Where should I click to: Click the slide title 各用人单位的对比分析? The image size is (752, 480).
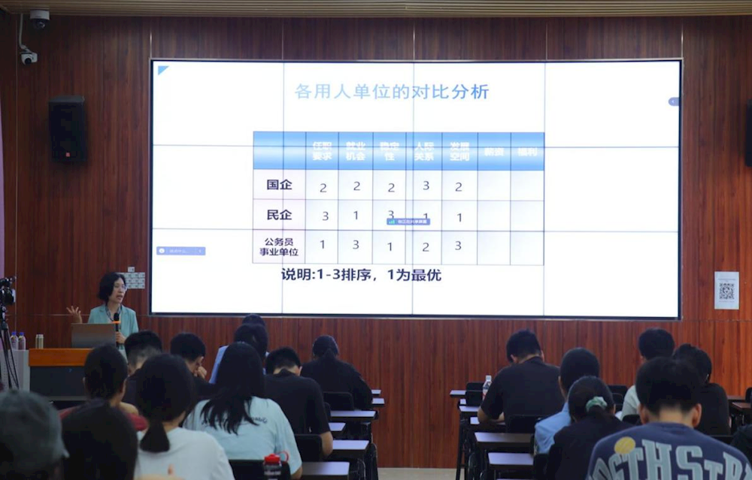(x=392, y=92)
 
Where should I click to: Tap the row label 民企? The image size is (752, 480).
(x=279, y=215)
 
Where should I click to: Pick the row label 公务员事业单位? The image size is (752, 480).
(x=279, y=246)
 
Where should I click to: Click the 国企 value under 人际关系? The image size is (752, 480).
(x=426, y=186)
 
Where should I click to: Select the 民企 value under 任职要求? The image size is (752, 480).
(x=325, y=216)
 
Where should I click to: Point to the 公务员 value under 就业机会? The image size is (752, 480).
(x=356, y=245)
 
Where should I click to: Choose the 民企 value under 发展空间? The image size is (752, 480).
(x=459, y=217)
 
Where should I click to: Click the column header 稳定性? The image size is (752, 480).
(x=390, y=151)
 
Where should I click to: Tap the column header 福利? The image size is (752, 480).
(x=526, y=151)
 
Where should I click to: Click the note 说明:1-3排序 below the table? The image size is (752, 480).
(x=361, y=275)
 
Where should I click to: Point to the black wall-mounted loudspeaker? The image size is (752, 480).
(x=68, y=128)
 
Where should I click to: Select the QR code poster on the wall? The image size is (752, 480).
(x=726, y=291)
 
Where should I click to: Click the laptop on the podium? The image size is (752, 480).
(x=92, y=335)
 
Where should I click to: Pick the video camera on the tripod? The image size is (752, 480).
(x=7, y=291)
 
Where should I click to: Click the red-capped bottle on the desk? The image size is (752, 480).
(x=273, y=465)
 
